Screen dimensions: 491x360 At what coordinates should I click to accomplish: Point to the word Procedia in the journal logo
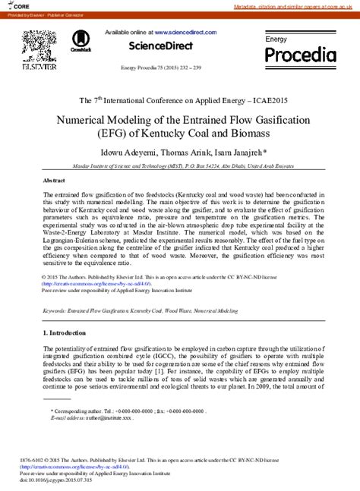(x=299, y=55)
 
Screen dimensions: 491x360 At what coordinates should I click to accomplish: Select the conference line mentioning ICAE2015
(x=179, y=100)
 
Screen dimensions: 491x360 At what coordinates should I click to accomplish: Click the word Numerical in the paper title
(x=99, y=120)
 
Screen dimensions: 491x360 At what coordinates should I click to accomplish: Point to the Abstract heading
(x=54, y=181)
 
